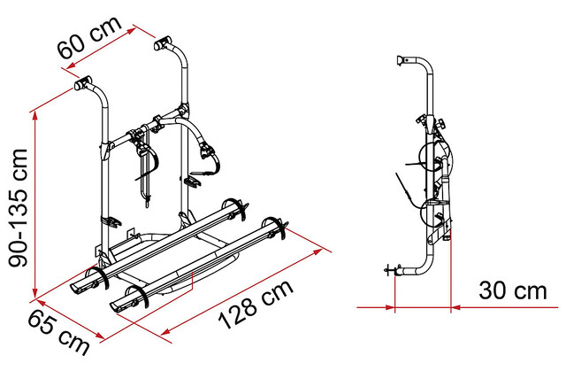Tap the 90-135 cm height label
18,208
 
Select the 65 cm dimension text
58,332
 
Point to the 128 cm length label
256,304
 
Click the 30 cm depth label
513,290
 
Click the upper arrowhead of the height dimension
35,116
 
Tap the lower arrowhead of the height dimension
35,293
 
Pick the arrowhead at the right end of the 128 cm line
317,251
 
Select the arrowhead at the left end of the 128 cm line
166,331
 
